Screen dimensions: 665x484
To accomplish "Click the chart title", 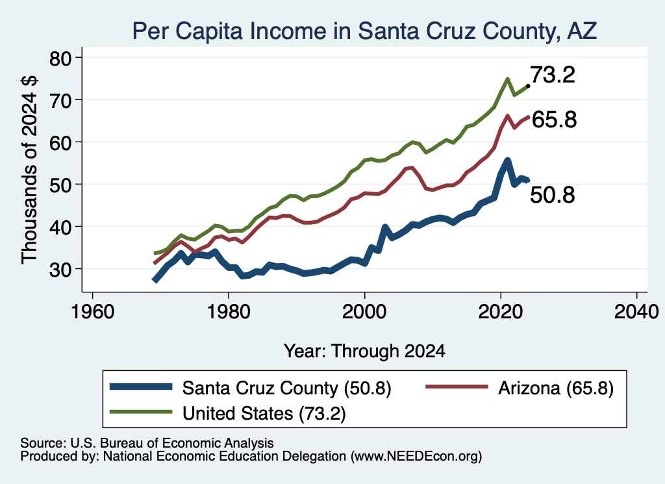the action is click(x=365, y=31).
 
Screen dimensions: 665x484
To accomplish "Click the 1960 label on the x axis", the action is click(x=93, y=312).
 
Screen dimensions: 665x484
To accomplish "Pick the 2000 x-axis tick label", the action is click(x=364, y=312).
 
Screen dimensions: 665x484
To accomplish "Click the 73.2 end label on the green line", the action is click(x=553, y=75).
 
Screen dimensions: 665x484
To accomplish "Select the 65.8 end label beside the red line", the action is click(x=554, y=120).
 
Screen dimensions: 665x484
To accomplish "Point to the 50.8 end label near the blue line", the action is click(x=553, y=195).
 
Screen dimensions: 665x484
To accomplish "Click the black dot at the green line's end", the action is click(x=527, y=86).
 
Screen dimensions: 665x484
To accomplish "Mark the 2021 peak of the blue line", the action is click(x=507, y=160).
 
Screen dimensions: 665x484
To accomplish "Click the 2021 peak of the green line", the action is click(x=507, y=79).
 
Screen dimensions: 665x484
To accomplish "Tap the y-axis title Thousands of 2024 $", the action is click(x=30, y=170).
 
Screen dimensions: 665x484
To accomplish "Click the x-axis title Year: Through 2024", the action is click(x=365, y=351).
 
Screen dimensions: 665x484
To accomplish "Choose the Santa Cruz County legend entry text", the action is click(x=286, y=388).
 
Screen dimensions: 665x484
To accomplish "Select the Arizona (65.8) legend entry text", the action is click(x=556, y=388).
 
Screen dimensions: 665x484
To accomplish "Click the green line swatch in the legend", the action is click(x=141, y=412).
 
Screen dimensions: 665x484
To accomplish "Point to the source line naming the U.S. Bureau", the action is click(x=147, y=443).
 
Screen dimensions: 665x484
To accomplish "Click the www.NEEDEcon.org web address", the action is click(x=416, y=457).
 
